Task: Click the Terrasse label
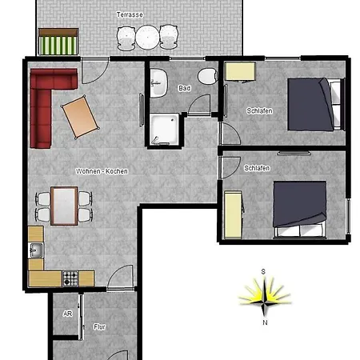[x=130, y=14]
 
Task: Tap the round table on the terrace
[x=147, y=37]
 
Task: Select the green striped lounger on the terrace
[x=58, y=42]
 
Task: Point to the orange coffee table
[x=80, y=117]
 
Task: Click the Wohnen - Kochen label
[x=102, y=171]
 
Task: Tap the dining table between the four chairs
[x=64, y=206]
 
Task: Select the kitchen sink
[x=35, y=250]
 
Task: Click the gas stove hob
[x=70, y=278]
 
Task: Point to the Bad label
[x=185, y=88]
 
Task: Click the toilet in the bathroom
[x=208, y=76]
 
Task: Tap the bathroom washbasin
[x=158, y=83]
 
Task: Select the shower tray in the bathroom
[x=164, y=130]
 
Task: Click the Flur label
[x=99, y=327]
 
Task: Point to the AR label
[x=68, y=314]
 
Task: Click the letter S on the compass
[x=263, y=271]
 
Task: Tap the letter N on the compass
[x=265, y=322]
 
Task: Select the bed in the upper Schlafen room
[x=316, y=104]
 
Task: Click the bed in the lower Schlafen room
[x=300, y=210]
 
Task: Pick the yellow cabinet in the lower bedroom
[x=233, y=214]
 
